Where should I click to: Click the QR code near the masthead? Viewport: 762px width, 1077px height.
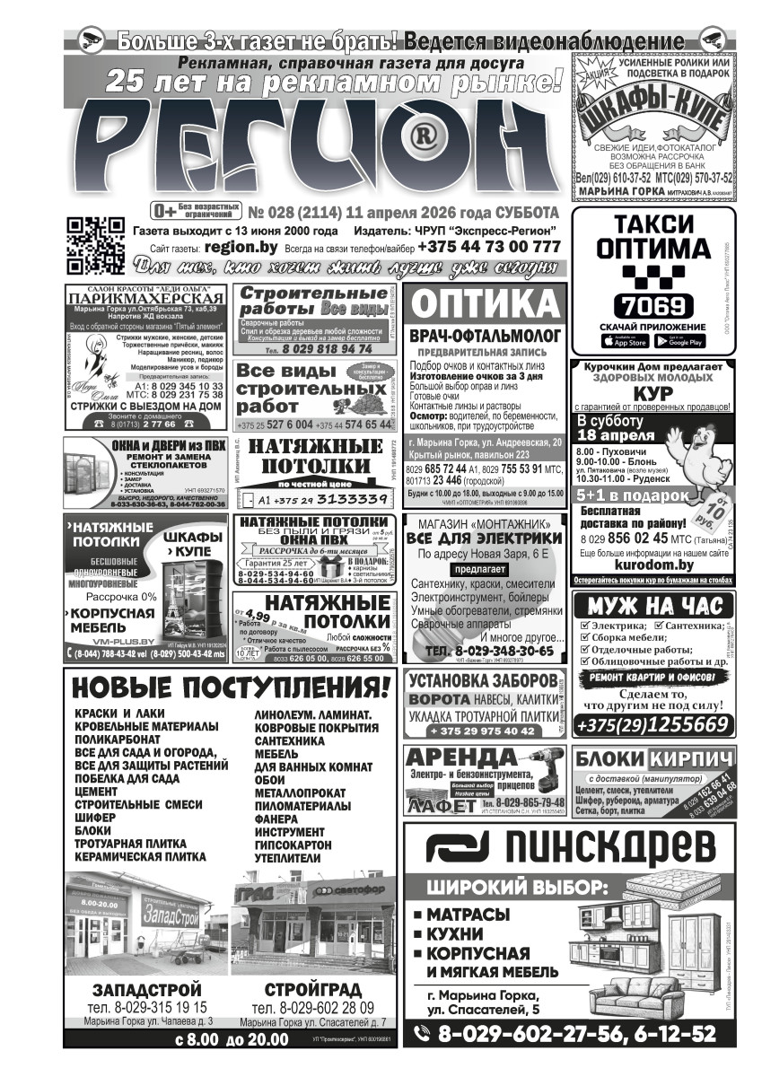click(x=95, y=244)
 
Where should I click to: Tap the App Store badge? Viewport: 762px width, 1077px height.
click(x=625, y=341)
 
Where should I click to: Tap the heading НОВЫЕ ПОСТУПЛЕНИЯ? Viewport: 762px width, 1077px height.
click(x=231, y=688)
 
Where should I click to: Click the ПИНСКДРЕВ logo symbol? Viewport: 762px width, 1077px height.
click(x=456, y=847)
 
